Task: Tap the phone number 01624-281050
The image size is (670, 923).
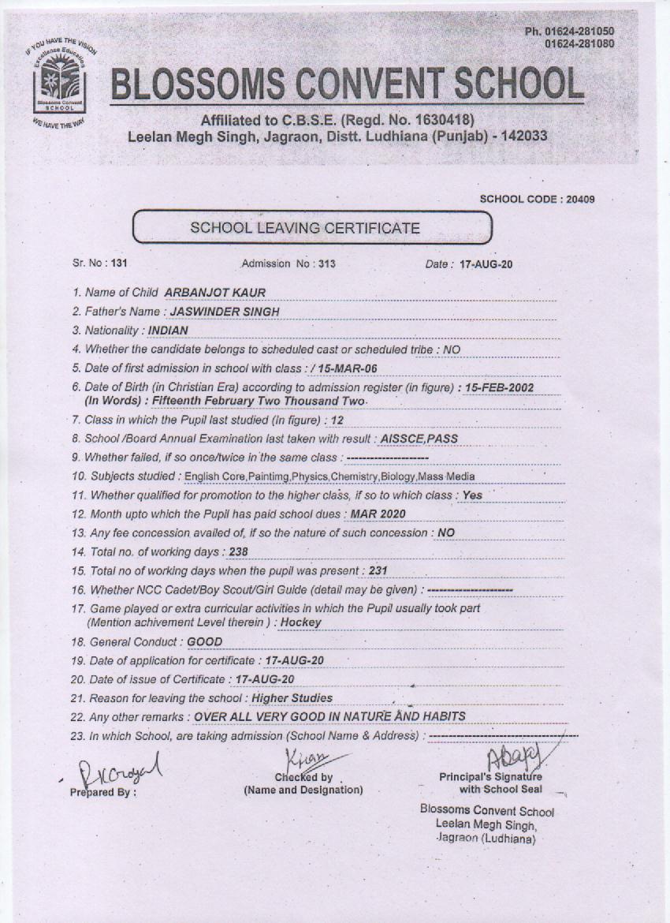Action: (580, 32)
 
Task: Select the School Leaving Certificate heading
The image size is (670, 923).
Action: (305, 228)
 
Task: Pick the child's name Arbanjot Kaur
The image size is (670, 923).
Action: (215, 293)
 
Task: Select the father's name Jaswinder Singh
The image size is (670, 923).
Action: (225, 312)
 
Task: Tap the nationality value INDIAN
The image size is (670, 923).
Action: (169, 331)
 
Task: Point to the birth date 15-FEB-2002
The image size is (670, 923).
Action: (511, 387)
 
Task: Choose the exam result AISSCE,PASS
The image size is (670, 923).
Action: (419, 439)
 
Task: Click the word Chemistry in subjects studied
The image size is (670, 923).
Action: (355, 476)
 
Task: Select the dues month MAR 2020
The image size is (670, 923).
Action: (378, 514)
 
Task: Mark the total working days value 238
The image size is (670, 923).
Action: (237, 552)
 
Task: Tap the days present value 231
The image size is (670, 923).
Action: (378, 571)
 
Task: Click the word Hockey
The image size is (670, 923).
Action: (300, 622)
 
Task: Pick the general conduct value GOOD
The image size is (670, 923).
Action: (205, 642)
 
